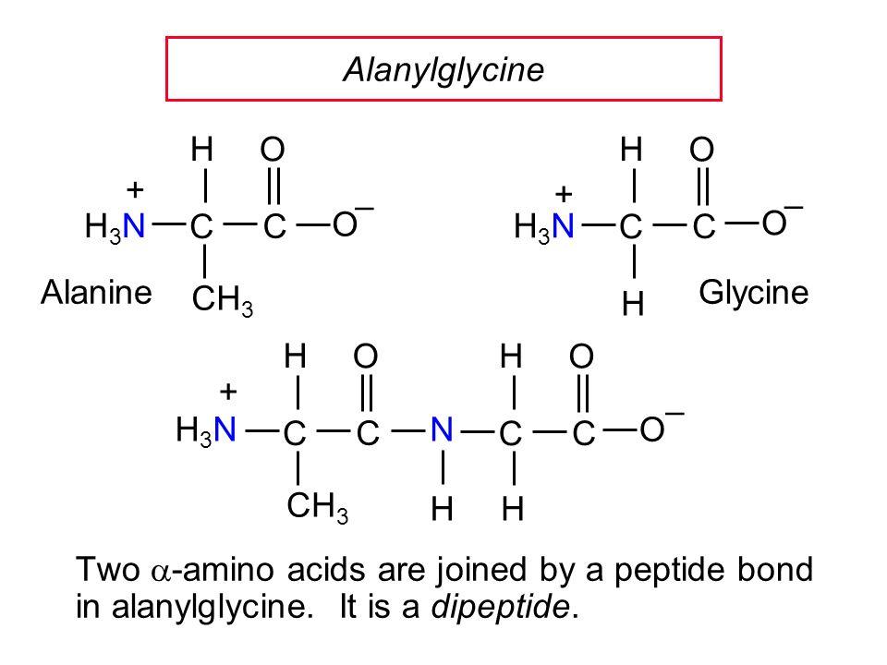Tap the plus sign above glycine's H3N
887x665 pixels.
click(x=563, y=195)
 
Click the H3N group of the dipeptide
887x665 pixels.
click(x=208, y=430)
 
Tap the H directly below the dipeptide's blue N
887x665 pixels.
click(x=444, y=507)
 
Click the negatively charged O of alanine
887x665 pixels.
click(x=343, y=223)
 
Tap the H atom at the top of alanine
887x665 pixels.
click(x=204, y=148)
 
